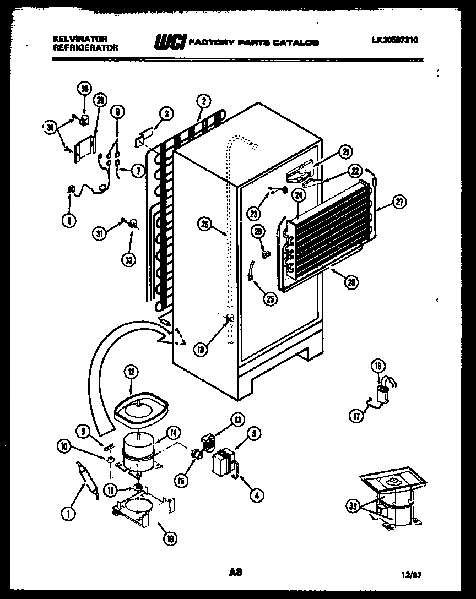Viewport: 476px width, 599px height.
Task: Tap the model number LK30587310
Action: [x=394, y=40]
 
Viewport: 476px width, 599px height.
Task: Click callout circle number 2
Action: [x=203, y=101]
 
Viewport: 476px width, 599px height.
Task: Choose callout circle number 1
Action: [x=68, y=514]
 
